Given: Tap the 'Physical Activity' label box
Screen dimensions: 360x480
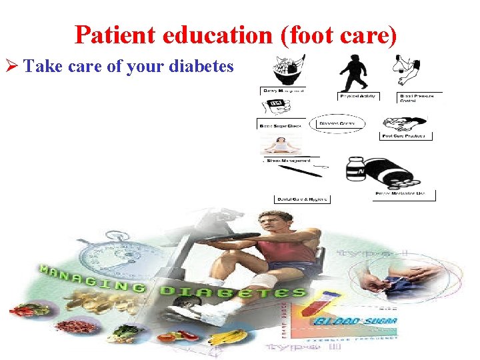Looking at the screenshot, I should click(x=357, y=96).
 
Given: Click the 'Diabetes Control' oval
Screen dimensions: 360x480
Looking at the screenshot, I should click(x=337, y=123).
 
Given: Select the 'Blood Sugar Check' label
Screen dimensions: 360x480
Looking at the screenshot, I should click(x=280, y=125).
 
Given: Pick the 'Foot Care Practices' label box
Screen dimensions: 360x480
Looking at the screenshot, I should click(x=406, y=135).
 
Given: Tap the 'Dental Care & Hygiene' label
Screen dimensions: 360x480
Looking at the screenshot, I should click(x=302, y=199).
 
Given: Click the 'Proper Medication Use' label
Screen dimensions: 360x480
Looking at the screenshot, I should click(x=405, y=195).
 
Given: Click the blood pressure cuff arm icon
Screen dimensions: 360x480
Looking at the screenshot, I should click(x=408, y=71).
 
